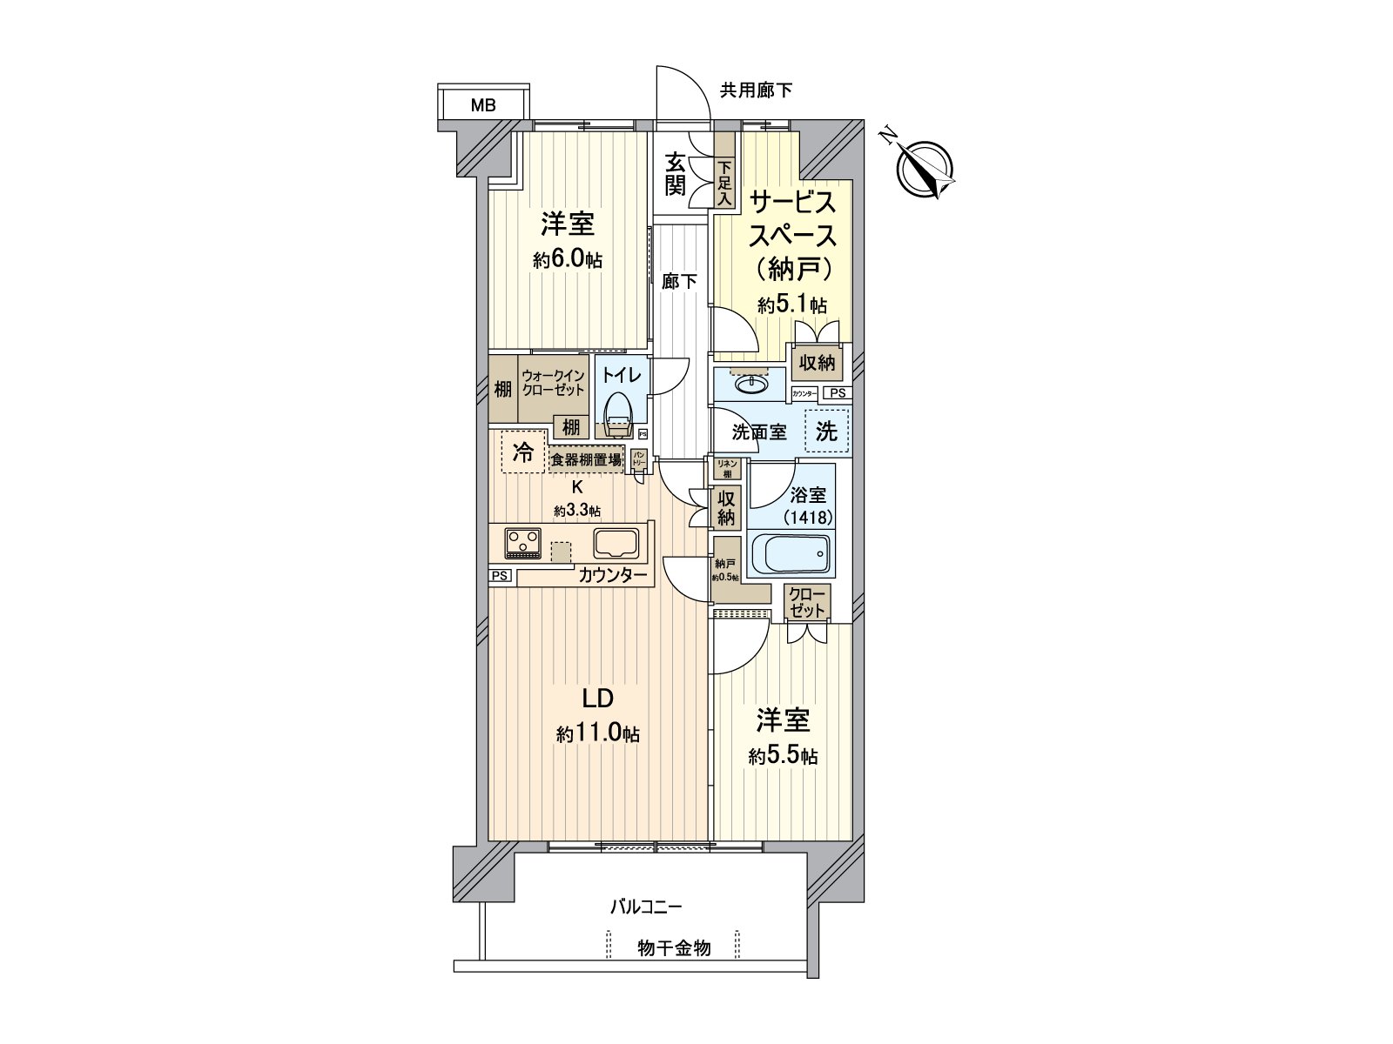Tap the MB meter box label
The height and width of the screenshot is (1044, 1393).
(x=483, y=106)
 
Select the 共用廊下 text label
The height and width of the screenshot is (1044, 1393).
(x=756, y=90)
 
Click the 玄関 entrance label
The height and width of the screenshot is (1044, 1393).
(x=676, y=174)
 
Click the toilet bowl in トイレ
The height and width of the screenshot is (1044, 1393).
(x=617, y=414)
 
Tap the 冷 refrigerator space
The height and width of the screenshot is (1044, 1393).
(x=523, y=452)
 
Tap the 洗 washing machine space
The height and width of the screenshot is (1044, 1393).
(x=826, y=431)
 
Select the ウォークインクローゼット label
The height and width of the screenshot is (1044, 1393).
(x=554, y=384)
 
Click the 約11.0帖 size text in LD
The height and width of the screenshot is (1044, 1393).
(x=598, y=734)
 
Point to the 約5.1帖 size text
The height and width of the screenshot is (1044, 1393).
(x=791, y=305)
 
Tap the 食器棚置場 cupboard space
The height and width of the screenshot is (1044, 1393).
(x=585, y=459)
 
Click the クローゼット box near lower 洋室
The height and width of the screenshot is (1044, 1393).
(x=807, y=602)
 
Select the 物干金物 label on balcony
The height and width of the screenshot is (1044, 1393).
(x=674, y=948)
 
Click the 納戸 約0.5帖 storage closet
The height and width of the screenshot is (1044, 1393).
(x=726, y=570)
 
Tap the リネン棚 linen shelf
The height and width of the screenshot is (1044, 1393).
(x=727, y=468)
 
